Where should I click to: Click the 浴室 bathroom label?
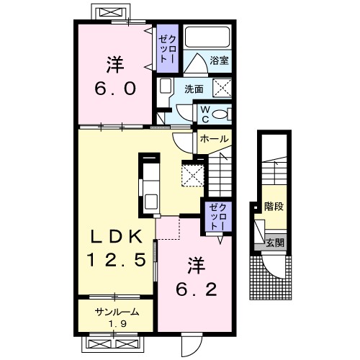(x=219, y=60)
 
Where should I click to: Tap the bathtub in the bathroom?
(x=208, y=37)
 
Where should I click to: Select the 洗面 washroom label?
(x=194, y=89)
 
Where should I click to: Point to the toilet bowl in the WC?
(x=219, y=114)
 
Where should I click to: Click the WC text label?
(x=205, y=114)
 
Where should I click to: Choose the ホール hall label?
(x=214, y=139)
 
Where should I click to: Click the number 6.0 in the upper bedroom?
(x=115, y=89)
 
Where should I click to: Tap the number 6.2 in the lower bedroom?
(x=197, y=289)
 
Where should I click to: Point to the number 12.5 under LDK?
(x=116, y=260)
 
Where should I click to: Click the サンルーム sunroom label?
(x=117, y=312)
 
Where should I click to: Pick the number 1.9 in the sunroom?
(x=117, y=324)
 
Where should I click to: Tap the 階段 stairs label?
(x=274, y=207)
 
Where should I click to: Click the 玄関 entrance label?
(x=275, y=243)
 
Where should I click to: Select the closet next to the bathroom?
(x=168, y=48)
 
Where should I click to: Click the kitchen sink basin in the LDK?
(x=151, y=202)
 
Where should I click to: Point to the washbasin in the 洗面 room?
(x=165, y=86)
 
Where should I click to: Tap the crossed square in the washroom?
(x=222, y=88)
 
